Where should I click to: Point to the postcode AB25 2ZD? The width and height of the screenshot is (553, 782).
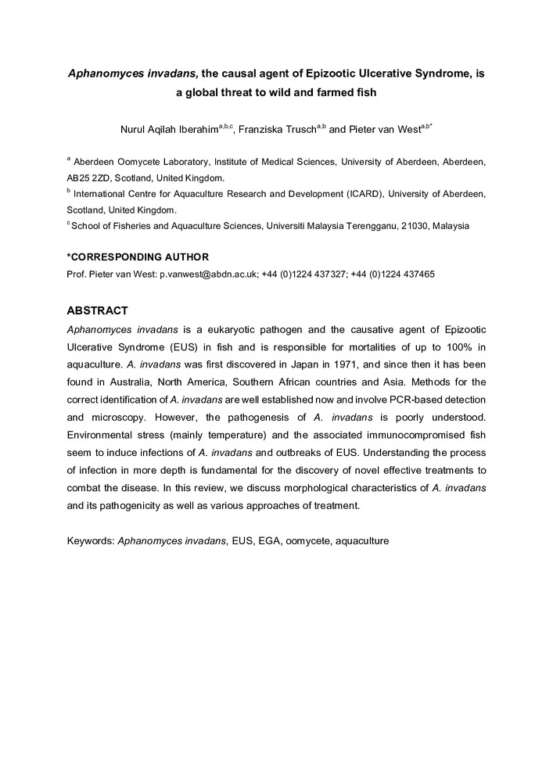point(91,178)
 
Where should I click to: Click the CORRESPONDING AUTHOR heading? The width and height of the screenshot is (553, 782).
point(138,257)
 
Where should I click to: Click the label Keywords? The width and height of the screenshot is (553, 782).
point(91,540)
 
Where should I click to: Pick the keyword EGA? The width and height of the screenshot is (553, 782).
point(269,540)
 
